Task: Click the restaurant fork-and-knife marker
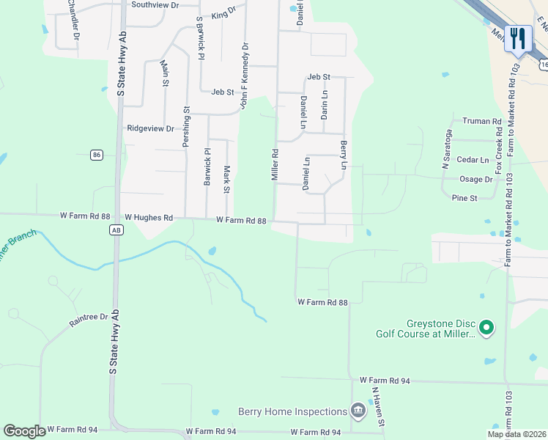point(519,38)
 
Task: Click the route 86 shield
point(97,154)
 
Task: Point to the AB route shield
point(115,230)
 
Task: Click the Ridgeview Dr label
point(150,128)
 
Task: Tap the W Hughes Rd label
point(149,217)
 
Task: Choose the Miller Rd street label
point(275,165)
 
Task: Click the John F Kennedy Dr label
point(245,76)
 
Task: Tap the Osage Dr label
point(475,179)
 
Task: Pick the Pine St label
point(464,198)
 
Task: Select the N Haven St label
point(377,407)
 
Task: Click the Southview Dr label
point(155,4)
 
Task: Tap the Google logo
point(24,431)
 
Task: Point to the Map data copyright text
point(516,434)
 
